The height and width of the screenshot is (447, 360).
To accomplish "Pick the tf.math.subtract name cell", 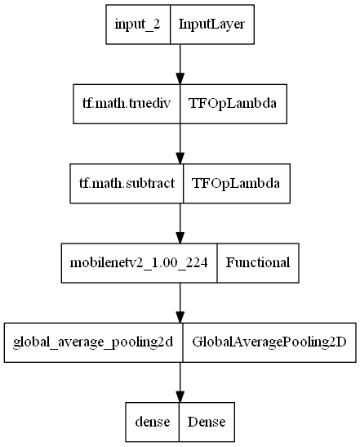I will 122,184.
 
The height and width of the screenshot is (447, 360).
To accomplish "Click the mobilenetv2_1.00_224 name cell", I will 139,262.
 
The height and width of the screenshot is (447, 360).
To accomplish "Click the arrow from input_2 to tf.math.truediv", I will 180,65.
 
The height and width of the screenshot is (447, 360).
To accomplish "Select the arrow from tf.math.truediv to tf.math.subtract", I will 180,144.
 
